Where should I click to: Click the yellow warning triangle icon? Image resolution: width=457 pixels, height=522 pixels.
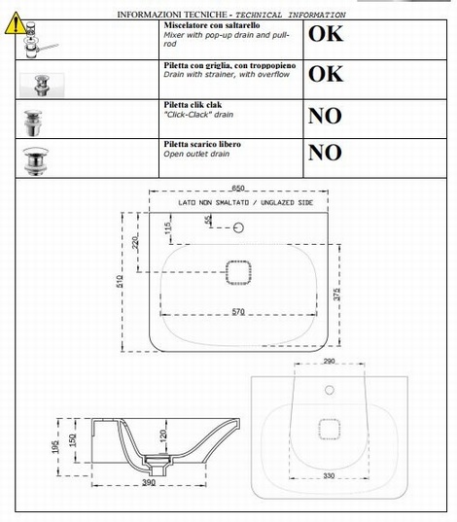[x=16, y=23]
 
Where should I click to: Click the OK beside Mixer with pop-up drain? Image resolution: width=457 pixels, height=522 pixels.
[x=326, y=34]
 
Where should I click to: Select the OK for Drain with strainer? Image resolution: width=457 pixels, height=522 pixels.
[x=326, y=74]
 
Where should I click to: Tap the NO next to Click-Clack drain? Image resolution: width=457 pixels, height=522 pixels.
[x=325, y=116]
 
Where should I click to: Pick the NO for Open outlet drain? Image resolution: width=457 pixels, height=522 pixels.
[x=325, y=153]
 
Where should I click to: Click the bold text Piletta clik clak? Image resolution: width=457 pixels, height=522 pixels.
[x=193, y=105]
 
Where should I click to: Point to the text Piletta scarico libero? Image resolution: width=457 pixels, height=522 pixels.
[x=202, y=144]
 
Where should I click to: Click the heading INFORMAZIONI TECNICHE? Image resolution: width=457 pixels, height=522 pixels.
[x=172, y=15]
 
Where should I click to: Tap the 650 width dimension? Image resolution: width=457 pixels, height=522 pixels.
[x=238, y=188]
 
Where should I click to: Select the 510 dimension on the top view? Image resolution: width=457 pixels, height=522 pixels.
[x=120, y=281]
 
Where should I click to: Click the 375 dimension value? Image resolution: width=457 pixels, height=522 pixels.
[x=336, y=295]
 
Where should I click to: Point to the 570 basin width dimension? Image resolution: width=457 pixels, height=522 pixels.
[x=238, y=312]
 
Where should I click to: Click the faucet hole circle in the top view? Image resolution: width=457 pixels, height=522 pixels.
[x=238, y=227]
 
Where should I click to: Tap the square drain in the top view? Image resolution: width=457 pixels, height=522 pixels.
[x=238, y=272]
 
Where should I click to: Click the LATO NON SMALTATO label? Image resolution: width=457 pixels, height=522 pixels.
[x=245, y=203]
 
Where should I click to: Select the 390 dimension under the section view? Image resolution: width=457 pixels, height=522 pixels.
[x=149, y=482]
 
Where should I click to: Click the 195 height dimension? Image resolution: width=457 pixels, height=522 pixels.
[x=56, y=447]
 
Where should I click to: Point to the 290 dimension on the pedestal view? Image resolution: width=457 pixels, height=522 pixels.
[x=329, y=361]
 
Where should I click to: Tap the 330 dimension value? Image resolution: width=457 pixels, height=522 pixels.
[x=329, y=475]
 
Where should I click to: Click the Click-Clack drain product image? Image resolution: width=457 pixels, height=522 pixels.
[x=33, y=122]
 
